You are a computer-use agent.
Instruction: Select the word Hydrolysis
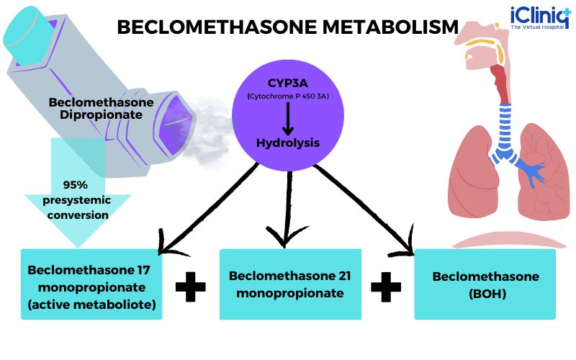(x=287, y=143)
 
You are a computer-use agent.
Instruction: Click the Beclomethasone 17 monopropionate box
(x=91, y=284)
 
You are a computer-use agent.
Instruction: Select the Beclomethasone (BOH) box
(x=485, y=284)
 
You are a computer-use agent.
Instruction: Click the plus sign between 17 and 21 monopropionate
(x=191, y=286)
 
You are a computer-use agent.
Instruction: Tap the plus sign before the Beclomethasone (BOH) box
(x=387, y=286)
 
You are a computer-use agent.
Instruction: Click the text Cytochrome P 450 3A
(x=287, y=96)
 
